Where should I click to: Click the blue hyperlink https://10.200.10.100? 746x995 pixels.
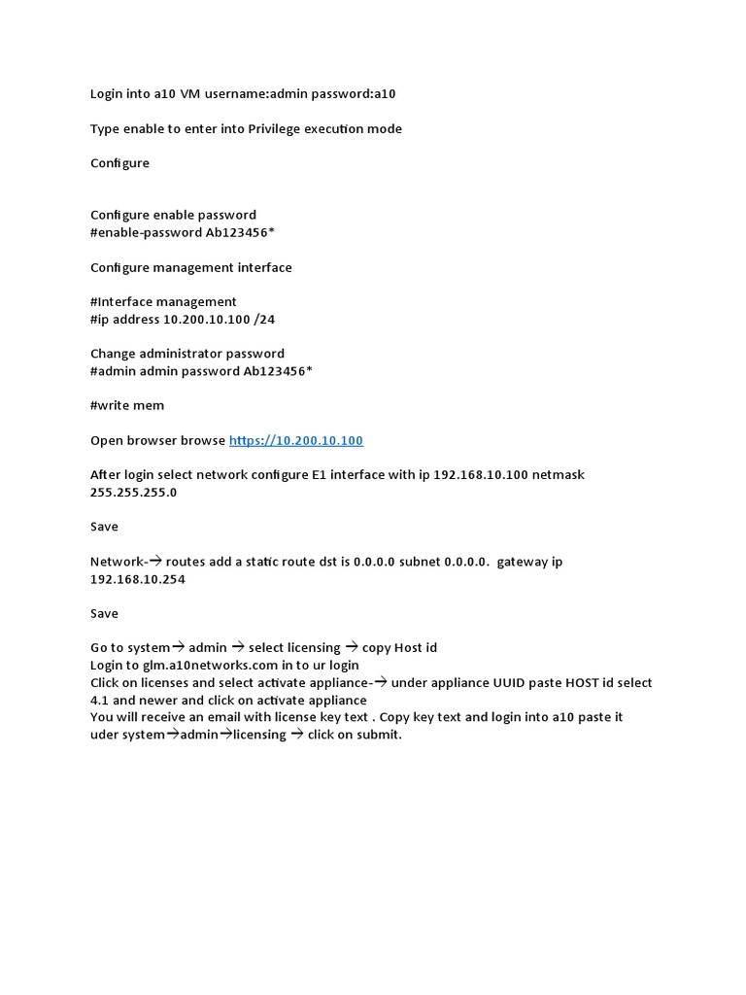point(296,440)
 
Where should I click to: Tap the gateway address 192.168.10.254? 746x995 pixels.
point(137,579)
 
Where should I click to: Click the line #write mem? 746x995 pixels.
point(127,405)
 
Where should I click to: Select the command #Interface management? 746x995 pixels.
point(163,301)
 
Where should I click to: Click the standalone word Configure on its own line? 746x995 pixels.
point(119,163)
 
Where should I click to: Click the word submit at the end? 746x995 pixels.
point(378,735)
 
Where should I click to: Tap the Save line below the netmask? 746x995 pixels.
point(104,527)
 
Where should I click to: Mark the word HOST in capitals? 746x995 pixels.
point(582,682)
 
